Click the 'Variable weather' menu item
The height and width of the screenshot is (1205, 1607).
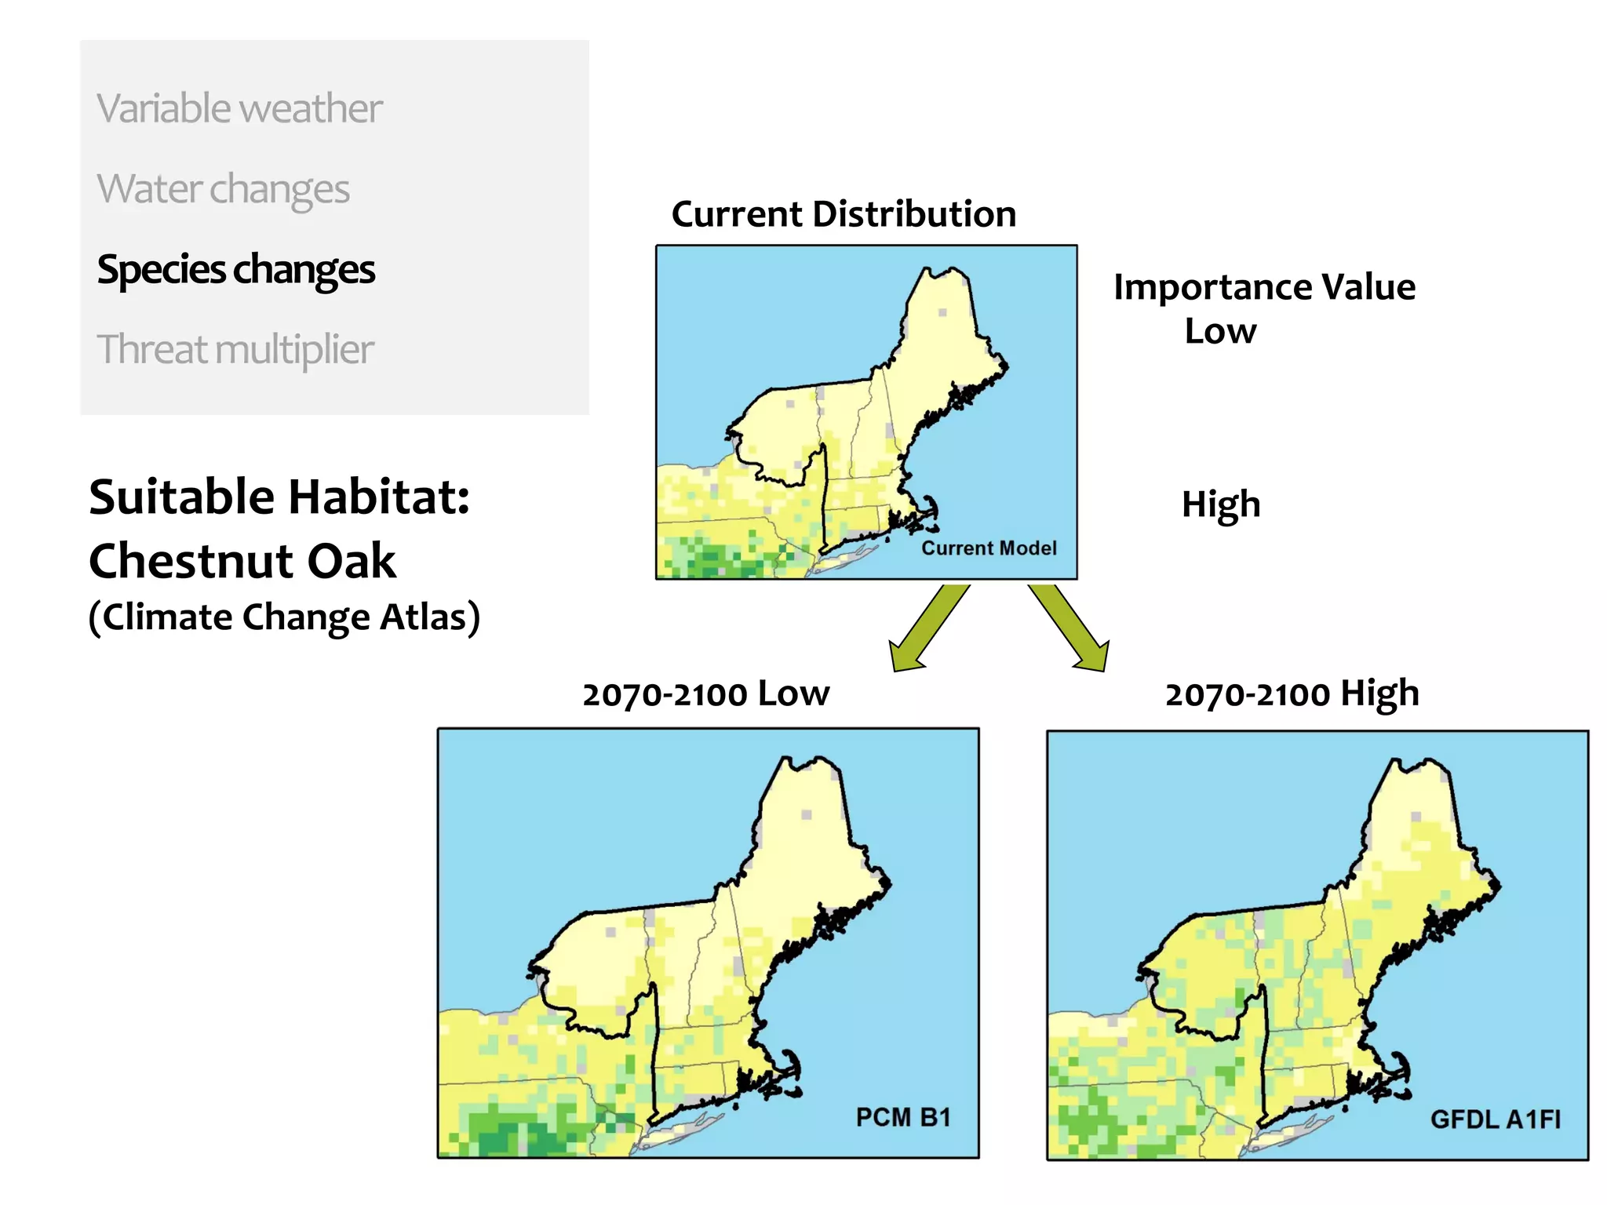pyautogui.click(x=239, y=108)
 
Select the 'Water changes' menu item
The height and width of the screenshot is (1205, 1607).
pyautogui.click(x=223, y=189)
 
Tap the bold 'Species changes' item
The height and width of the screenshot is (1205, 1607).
pyautogui.click(x=236, y=270)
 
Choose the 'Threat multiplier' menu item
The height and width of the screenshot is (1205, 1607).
pyautogui.click(x=235, y=350)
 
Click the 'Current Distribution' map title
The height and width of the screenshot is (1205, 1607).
pyautogui.click(x=844, y=214)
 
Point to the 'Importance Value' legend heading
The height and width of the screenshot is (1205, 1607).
pyautogui.click(x=1264, y=287)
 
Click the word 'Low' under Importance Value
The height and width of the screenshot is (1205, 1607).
pyautogui.click(x=1220, y=331)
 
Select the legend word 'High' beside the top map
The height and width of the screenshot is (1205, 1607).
pyautogui.click(x=1221, y=504)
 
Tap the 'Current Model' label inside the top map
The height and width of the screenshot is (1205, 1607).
pyautogui.click(x=989, y=548)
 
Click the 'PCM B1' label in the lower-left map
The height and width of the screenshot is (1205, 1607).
pyautogui.click(x=903, y=1116)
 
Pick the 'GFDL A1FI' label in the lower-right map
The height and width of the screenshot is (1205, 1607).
pyautogui.click(x=1496, y=1119)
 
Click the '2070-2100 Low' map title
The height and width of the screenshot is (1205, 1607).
pyautogui.click(x=705, y=694)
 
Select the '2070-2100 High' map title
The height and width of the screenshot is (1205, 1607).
pyautogui.click(x=1292, y=694)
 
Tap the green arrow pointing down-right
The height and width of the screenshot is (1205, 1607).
pyautogui.click(x=1070, y=627)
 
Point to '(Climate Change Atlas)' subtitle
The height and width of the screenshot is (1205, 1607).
pyautogui.click(x=284, y=617)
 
